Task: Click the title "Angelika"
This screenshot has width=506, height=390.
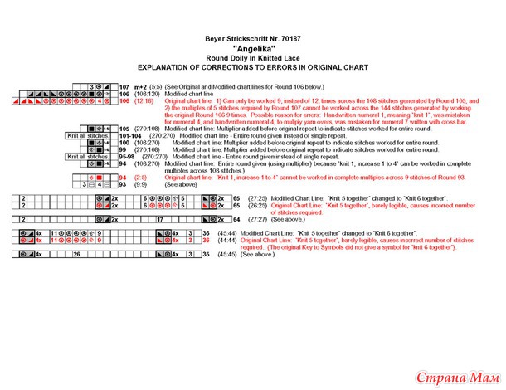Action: click(x=252, y=48)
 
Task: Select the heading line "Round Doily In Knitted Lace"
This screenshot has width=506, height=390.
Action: click(x=252, y=56)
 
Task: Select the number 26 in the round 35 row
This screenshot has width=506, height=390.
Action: click(x=76, y=255)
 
